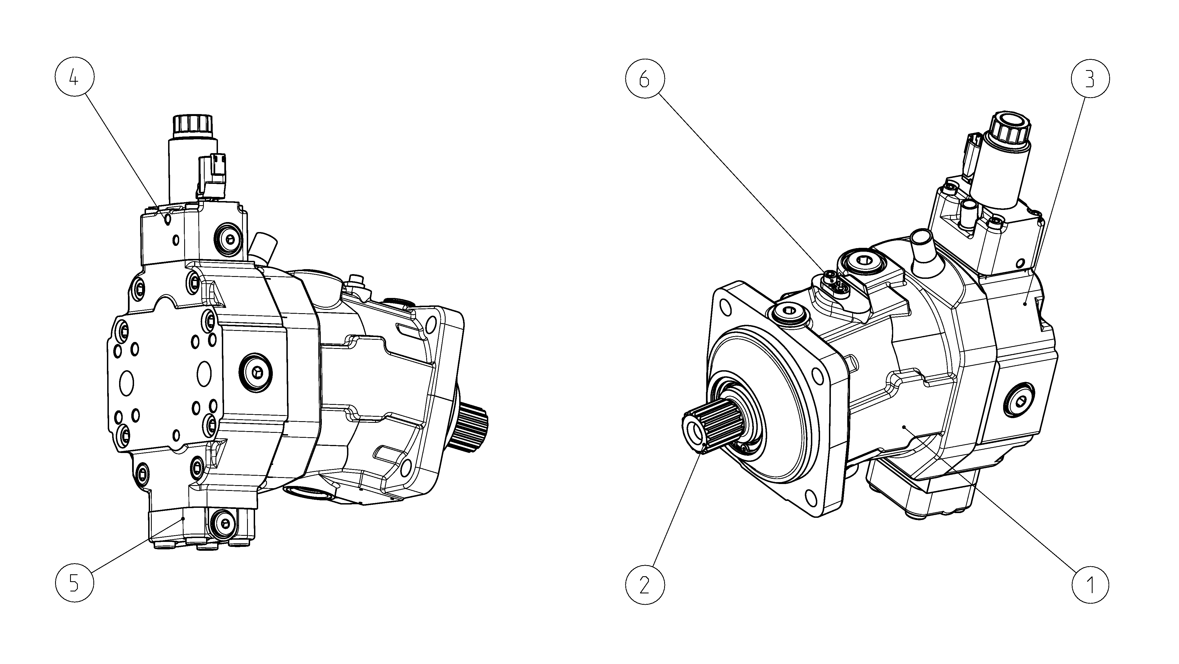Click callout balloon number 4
74,79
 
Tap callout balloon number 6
644,80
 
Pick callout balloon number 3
1090,80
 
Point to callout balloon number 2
644,585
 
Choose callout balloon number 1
1090,585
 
